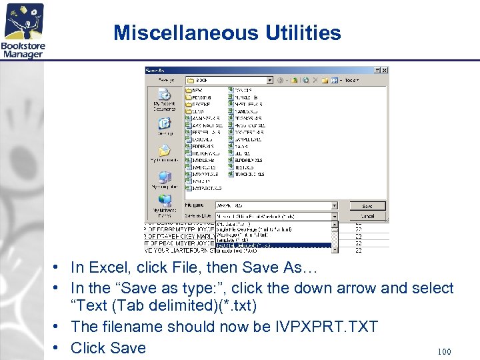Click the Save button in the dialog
(x=367, y=206)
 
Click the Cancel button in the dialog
(x=367, y=216)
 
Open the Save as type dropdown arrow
(x=335, y=216)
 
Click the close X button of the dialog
(x=385, y=70)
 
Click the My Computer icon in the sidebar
(x=164, y=179)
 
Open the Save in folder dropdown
(x=269, y=79)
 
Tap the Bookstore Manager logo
(x=23, y=30)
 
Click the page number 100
(x=444, y=351)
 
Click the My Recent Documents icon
(x=164, y=99)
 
